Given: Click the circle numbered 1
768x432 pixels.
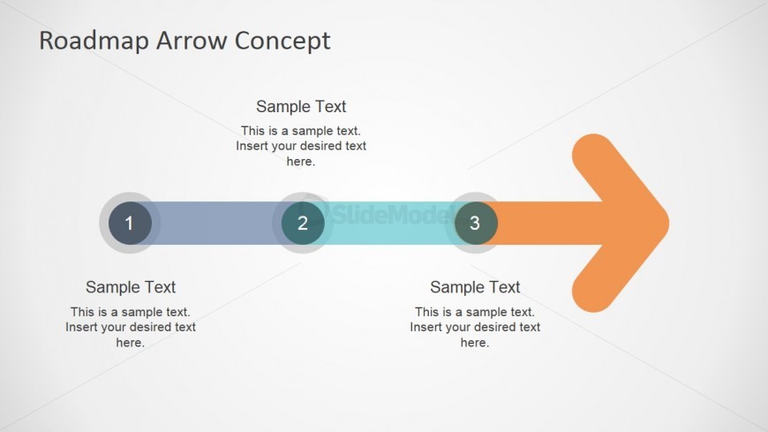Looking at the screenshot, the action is (131, 224).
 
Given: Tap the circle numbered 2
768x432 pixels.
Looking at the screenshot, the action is (303, 224).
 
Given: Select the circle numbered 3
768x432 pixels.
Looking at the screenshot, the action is (476, 224).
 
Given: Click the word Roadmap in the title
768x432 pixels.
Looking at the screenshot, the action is (94, 41).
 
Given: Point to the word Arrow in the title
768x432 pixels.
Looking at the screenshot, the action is (192, 41).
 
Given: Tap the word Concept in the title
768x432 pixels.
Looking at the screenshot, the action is (282, 42).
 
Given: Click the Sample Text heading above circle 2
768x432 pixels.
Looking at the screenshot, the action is (301, 106).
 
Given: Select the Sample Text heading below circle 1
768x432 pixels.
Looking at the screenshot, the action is (131, 287).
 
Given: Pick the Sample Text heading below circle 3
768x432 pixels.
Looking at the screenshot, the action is (475, 287).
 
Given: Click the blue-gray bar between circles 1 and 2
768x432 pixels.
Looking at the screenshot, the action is (216, 224).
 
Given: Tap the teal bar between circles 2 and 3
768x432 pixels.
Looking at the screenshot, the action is (389, 224).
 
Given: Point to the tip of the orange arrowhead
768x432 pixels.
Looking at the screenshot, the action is (668, 224).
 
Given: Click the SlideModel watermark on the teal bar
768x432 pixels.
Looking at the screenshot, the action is (387, 214).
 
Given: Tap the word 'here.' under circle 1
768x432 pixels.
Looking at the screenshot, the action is (131, 342).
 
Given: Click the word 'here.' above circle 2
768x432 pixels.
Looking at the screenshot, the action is (301, 162).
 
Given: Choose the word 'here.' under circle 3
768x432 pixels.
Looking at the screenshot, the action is (475, 342).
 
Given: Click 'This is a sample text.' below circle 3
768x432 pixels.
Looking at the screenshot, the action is (475, 312).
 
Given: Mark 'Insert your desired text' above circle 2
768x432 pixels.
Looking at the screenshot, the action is (301, 146).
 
